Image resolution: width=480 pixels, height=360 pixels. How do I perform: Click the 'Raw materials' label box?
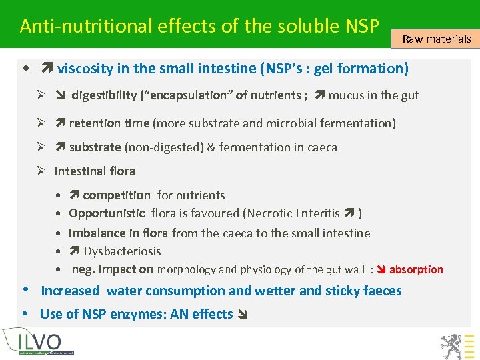[x=437, y=39]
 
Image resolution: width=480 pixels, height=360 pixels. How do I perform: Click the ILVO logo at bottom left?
[x=38, y=341]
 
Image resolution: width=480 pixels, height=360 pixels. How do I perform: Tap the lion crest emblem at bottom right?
[x=451, y=344]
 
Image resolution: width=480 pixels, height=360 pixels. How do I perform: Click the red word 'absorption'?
[x=416, y=269]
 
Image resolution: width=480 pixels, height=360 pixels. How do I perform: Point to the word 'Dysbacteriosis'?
[x=122, y=251]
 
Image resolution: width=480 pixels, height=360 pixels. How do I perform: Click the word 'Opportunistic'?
[x=107, y=213]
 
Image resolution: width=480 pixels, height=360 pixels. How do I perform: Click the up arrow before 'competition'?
[x=75, y=195]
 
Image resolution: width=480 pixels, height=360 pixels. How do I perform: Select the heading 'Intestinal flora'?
[x=95, y=171]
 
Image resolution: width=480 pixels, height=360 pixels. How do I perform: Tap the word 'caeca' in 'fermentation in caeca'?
[x=322, y=147]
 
